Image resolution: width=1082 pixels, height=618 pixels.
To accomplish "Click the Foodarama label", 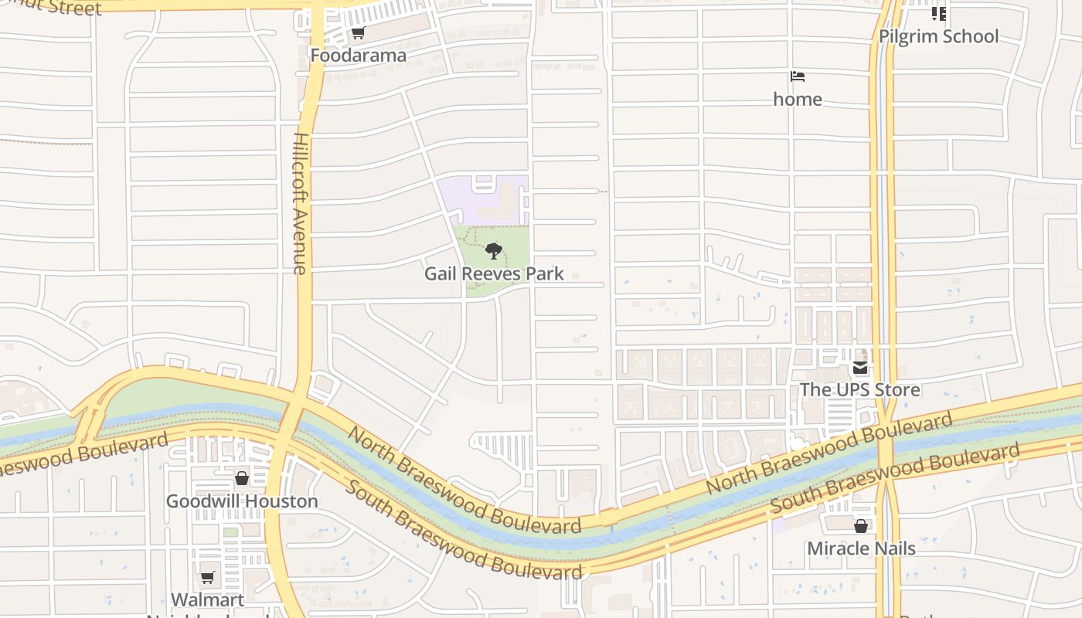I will point(358,56).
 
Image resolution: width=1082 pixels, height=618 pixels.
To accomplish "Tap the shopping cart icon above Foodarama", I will point(358,33).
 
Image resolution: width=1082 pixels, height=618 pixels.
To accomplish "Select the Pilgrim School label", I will point(938,36).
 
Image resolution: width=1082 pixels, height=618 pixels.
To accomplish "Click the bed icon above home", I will point(798,76).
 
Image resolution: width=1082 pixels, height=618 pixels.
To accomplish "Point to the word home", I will point(798,99).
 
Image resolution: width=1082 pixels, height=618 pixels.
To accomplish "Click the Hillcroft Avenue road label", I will point(301,202).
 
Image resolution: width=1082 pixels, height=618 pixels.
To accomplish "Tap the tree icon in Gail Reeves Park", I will point(493,251).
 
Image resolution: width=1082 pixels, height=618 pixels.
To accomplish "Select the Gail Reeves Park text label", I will point(494,273).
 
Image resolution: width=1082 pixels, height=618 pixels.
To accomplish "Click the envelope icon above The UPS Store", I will point(859,368).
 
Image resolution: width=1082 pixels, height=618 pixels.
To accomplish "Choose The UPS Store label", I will point(859,389).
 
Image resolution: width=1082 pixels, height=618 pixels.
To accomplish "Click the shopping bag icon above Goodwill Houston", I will point(242,479).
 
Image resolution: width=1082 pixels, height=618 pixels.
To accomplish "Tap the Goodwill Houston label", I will point(242,501).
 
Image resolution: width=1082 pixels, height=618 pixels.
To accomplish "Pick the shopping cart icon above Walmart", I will point(207,577).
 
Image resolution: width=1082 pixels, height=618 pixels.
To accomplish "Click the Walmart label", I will point(207,599).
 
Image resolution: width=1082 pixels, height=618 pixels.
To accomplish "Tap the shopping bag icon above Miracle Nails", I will point(860,527).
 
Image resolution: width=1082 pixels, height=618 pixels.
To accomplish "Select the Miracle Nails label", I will point(861,548).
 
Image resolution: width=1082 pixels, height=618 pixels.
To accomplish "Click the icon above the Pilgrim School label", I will point(938,13).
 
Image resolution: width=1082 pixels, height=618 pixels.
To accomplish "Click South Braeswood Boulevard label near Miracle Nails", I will point(895,477).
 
